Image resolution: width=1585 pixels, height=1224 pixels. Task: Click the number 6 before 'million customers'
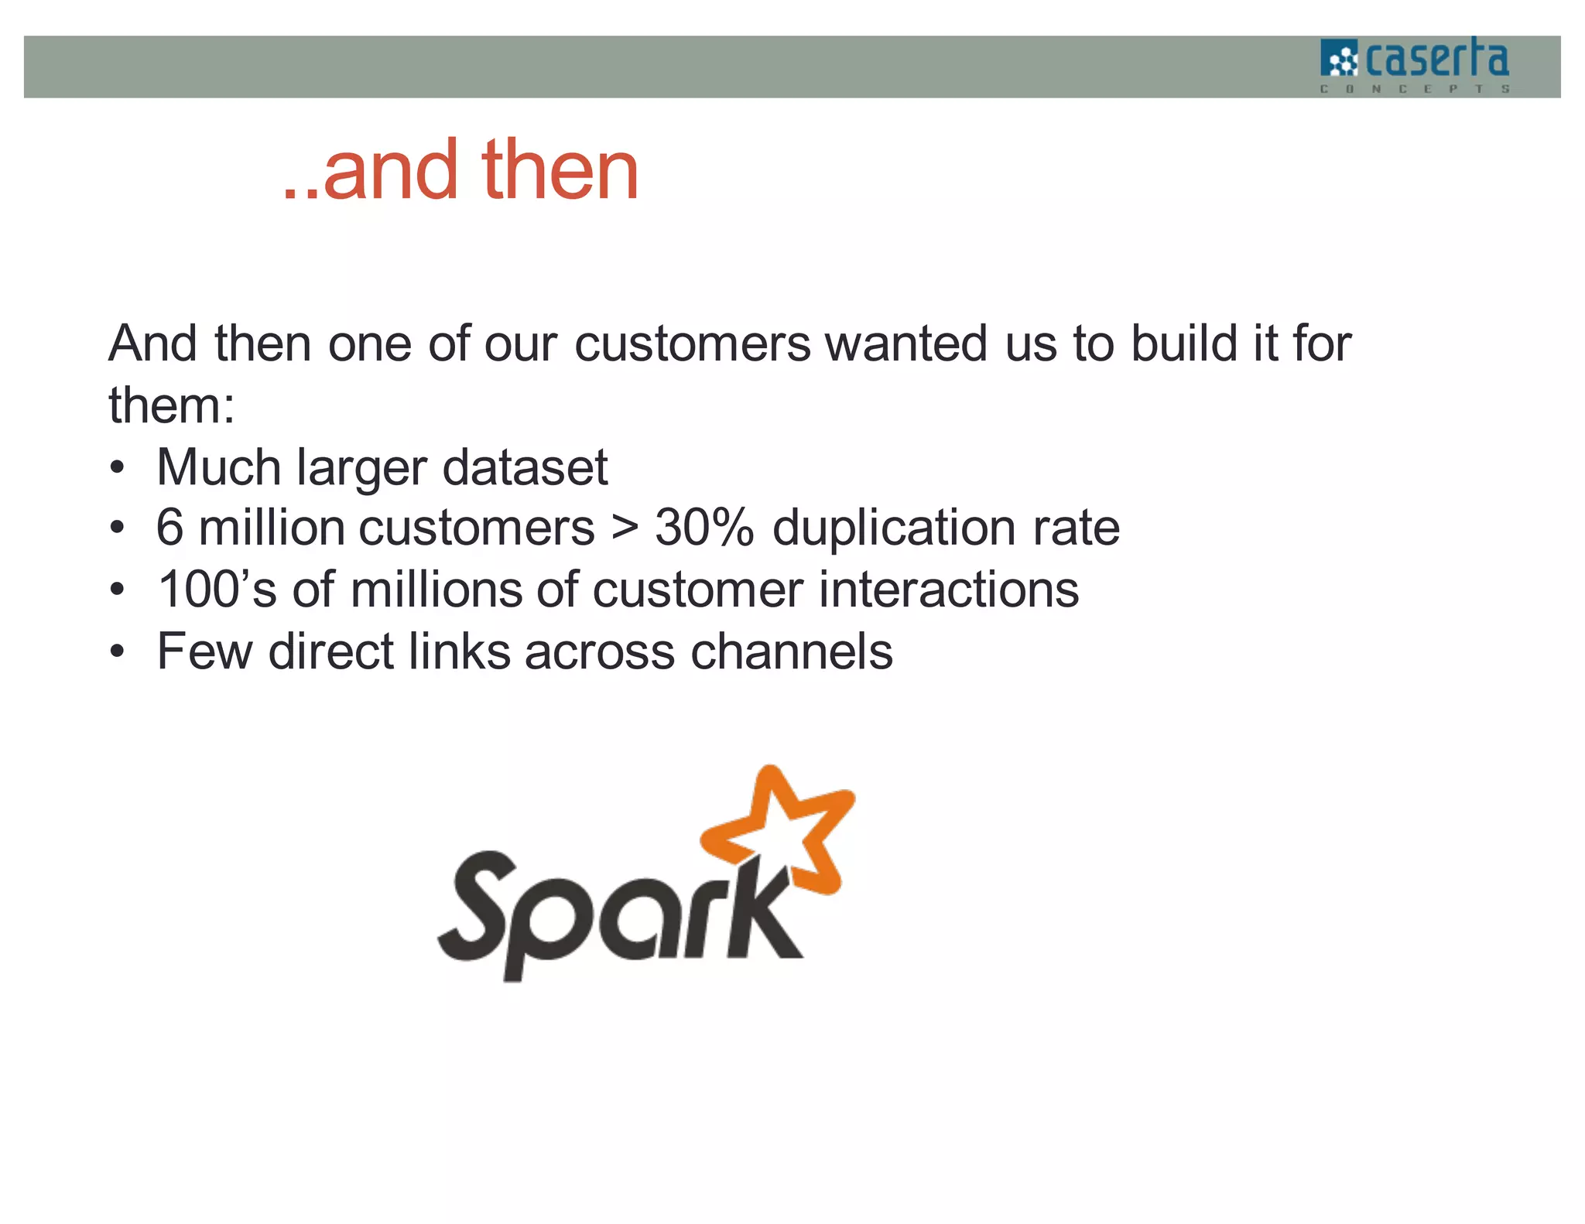pyautogui.click(x=169, y=528)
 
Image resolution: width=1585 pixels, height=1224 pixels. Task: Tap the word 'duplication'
pyautogui.click(x=894, y=528)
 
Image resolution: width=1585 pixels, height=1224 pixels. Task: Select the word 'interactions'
pyautogui.click(x=949, y=590)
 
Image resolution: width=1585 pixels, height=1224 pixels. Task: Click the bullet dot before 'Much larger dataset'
pyautogui.click(x=117, y=469)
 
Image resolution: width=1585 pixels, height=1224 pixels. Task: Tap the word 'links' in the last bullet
pyautogui.click(x=460, y=651)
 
